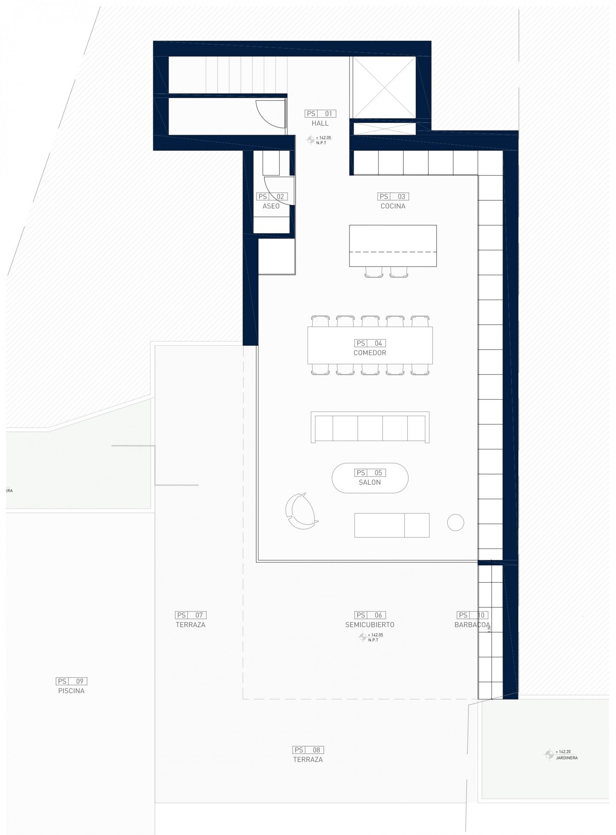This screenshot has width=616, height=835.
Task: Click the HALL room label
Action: pos(320,123)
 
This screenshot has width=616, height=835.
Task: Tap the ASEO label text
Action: pos(271,206)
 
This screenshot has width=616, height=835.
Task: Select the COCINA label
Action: pos(393,206)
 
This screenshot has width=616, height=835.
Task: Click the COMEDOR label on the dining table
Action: pos(370,352)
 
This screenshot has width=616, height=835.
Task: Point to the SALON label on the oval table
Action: pos(370,482)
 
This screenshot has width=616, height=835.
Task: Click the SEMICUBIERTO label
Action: pos(370,625)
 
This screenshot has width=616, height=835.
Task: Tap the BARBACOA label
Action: pos(472,625)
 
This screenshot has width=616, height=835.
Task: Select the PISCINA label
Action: pos(71,691)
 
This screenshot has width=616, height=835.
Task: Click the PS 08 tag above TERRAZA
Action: pos(308,750)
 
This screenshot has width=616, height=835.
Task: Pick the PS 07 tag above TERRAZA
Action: pos(191,615)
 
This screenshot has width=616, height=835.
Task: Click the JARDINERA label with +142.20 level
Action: pos(566,758)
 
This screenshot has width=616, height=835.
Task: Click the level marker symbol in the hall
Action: pos(310,140)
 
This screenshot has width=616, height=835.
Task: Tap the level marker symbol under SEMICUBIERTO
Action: pos(362,637)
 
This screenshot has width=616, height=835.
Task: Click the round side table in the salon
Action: pos(455,523)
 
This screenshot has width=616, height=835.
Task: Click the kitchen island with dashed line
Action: pos(393,245)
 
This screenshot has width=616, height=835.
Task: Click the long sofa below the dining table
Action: pos(370,427)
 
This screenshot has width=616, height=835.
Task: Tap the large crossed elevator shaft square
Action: pos(384,87)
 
